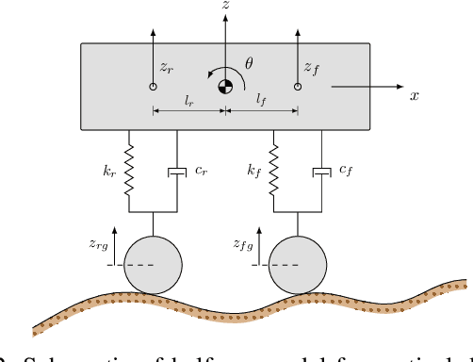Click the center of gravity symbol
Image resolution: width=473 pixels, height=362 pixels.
(225, 88)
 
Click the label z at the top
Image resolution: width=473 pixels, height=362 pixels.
(224, 8)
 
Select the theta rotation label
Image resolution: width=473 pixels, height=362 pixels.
(249, 63)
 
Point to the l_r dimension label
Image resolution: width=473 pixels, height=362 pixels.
(189, 98)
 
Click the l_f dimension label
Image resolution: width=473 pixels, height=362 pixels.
(261, 98)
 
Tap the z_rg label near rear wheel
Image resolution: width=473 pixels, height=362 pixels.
(98, 243)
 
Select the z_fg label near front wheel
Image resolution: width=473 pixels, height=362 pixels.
(245, 243)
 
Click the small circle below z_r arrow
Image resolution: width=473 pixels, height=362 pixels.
(153, 87)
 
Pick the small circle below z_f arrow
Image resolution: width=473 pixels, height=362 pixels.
(298, 87)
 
